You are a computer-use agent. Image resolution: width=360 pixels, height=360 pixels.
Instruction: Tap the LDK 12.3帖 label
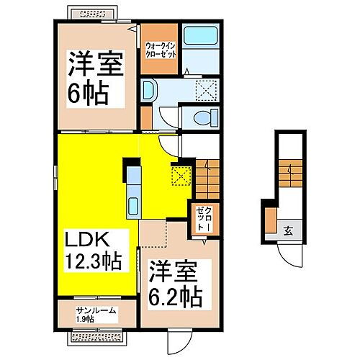[x=94, y=248]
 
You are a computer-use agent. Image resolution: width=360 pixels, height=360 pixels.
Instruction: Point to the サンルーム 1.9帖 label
[x=95, y=315]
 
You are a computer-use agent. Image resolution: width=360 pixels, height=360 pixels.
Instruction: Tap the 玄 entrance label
[x=287, y=230]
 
